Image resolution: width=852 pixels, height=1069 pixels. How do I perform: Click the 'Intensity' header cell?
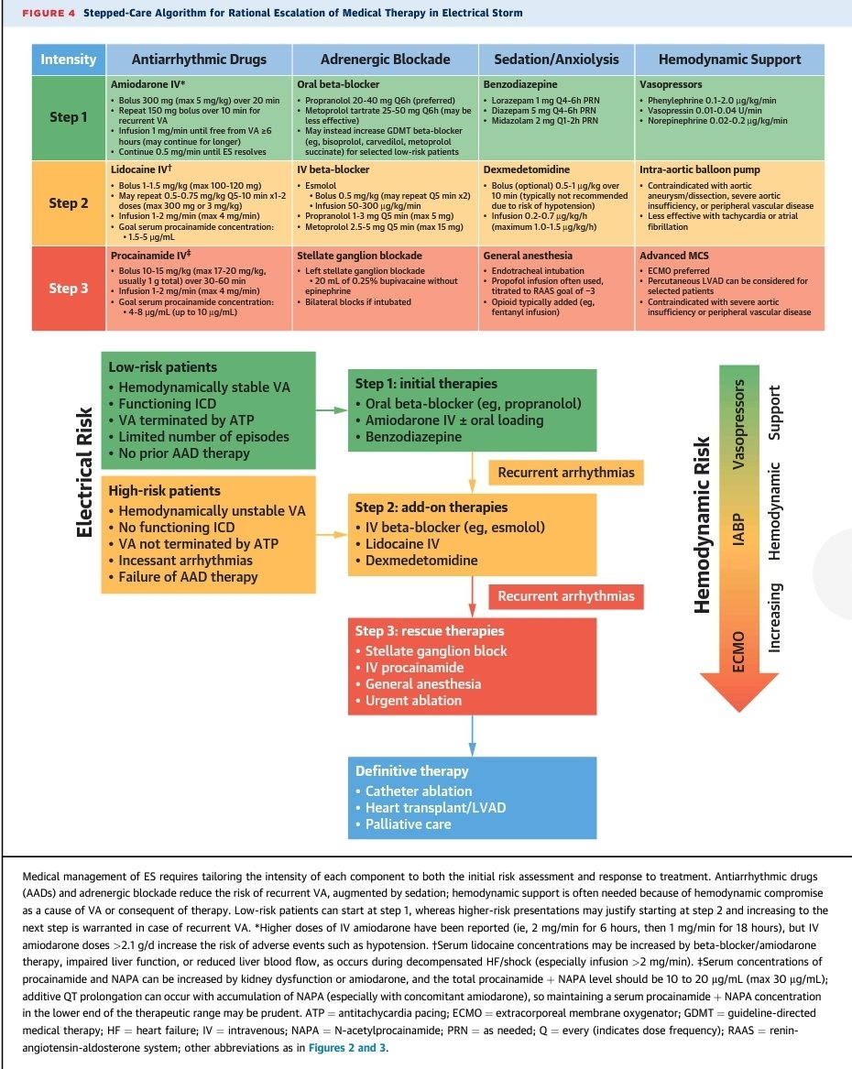(68, 60)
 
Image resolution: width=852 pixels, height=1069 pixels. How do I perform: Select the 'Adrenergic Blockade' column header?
(385, 60)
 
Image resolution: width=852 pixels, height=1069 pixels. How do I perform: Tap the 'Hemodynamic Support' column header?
(729, 60)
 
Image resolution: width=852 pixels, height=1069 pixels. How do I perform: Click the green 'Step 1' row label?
(68, 117)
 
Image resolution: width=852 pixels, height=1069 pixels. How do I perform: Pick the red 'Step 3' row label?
(68, 289)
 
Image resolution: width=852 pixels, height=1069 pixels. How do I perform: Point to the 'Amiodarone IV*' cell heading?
(147, 84)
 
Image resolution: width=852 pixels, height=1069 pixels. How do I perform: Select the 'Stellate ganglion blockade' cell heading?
(359, 256)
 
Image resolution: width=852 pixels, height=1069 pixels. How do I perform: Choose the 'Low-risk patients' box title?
(162, 367)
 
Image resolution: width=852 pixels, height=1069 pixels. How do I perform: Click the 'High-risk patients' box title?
(164, 491)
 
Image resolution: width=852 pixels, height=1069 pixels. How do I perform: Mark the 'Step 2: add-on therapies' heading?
(431, 507)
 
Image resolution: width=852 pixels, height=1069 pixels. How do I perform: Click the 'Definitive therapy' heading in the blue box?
(411, 771)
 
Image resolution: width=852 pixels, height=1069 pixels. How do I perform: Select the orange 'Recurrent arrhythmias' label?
(566, 473)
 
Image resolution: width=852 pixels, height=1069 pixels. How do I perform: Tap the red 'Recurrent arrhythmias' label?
(566, 596)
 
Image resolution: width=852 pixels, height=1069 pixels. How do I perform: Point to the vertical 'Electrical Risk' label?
(84, 473)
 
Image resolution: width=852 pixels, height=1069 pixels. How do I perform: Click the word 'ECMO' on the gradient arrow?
(738, 652)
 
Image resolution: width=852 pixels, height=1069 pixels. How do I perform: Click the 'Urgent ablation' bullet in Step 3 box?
(413, 701)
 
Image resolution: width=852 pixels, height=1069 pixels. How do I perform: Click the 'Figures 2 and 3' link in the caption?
(347, 1048)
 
